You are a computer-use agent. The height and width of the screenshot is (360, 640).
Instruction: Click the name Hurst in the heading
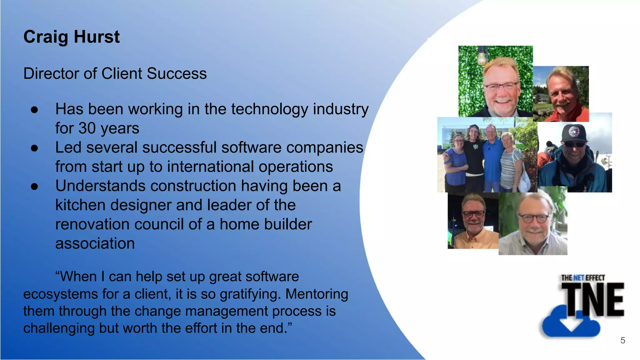point(97,37)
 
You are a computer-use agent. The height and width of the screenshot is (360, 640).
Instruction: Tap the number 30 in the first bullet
point(87,128)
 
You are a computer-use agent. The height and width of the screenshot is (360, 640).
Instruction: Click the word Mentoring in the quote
point(317,294)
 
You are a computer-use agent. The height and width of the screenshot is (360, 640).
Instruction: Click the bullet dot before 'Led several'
point(34,148)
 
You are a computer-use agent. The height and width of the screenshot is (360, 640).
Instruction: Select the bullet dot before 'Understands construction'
point(34,187)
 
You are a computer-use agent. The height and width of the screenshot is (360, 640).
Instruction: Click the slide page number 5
point(622,340)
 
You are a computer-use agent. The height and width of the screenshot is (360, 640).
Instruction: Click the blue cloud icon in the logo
point(571,323)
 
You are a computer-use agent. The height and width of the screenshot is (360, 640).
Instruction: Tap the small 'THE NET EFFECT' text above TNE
point(583,278)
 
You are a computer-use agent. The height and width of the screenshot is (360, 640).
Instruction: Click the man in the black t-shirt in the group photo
point(474,156)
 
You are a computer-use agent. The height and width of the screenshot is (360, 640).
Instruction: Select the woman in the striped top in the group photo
point(511,162)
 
